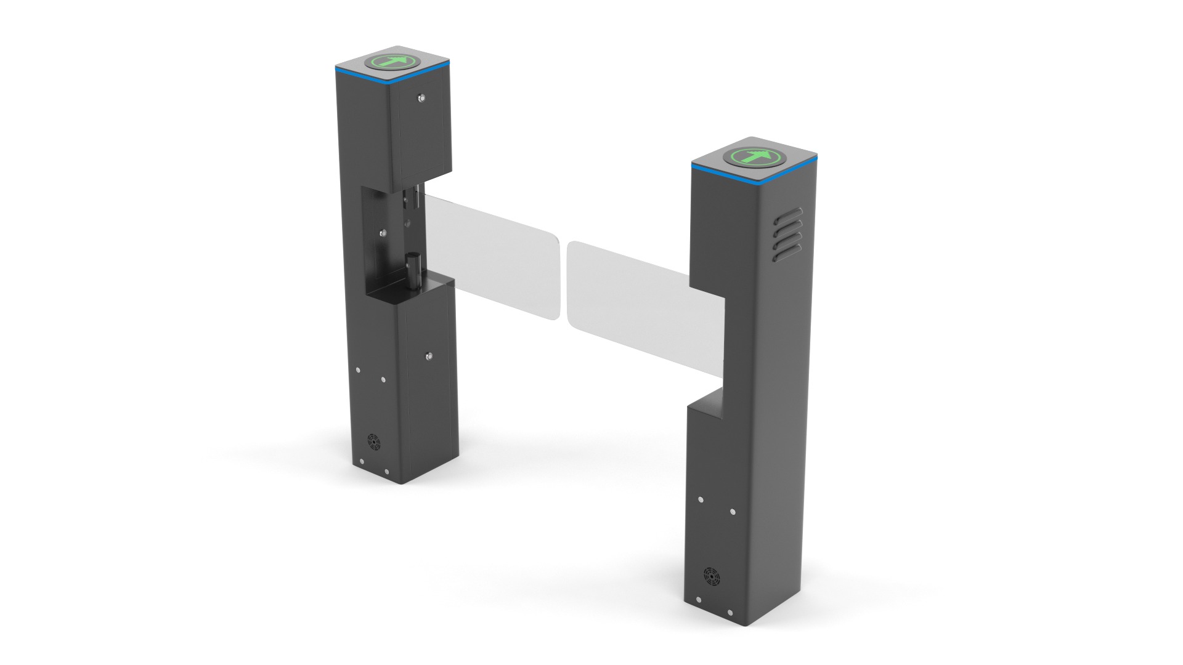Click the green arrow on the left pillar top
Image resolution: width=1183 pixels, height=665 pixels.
[x=392, y=62]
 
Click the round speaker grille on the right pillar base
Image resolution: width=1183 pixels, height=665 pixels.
[x=712, y=576]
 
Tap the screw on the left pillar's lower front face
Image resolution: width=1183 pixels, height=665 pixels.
[x=429, y=355]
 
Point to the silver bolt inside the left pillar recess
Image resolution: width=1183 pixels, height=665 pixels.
[x=383, y=233]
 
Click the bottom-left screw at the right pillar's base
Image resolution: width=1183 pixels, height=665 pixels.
[x=698, y=599]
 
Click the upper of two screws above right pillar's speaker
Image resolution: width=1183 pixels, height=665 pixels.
[x=701, y=499]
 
